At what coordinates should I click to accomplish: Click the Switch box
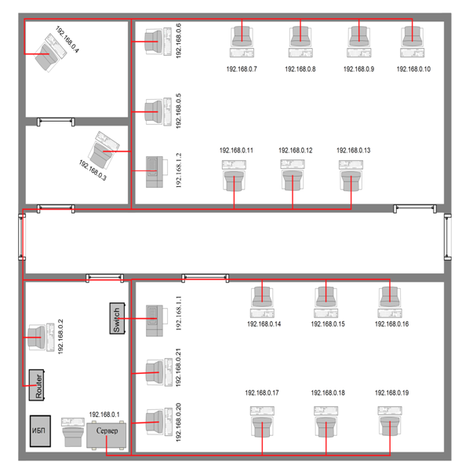click(117, 318)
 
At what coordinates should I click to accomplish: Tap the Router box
click(36, 385)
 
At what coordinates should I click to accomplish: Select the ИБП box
click(40, 431)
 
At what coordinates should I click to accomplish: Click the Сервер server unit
click(107, 434)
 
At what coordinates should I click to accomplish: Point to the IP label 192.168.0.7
click(242, 69)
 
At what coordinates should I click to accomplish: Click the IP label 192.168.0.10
click(413, 69)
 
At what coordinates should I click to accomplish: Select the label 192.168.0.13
click(354, 150)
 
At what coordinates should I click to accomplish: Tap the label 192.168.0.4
click(67, 39)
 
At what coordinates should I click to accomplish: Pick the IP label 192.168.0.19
click(391, 393)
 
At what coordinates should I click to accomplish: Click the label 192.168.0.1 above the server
click(104, 415)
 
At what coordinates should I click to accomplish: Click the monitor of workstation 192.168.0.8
click(300, 37)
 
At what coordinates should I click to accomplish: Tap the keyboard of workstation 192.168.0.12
click(293, 164)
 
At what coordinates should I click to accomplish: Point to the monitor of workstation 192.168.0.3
click(100, 154)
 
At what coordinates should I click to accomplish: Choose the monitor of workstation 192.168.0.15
click(326, 297)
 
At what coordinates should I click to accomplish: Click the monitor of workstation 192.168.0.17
click(262, 427)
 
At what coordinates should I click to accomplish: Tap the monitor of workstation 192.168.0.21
click(155, 372)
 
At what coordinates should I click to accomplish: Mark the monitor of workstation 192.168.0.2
click(36, 337)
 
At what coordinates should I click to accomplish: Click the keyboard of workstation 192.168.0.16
click(390, 313)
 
